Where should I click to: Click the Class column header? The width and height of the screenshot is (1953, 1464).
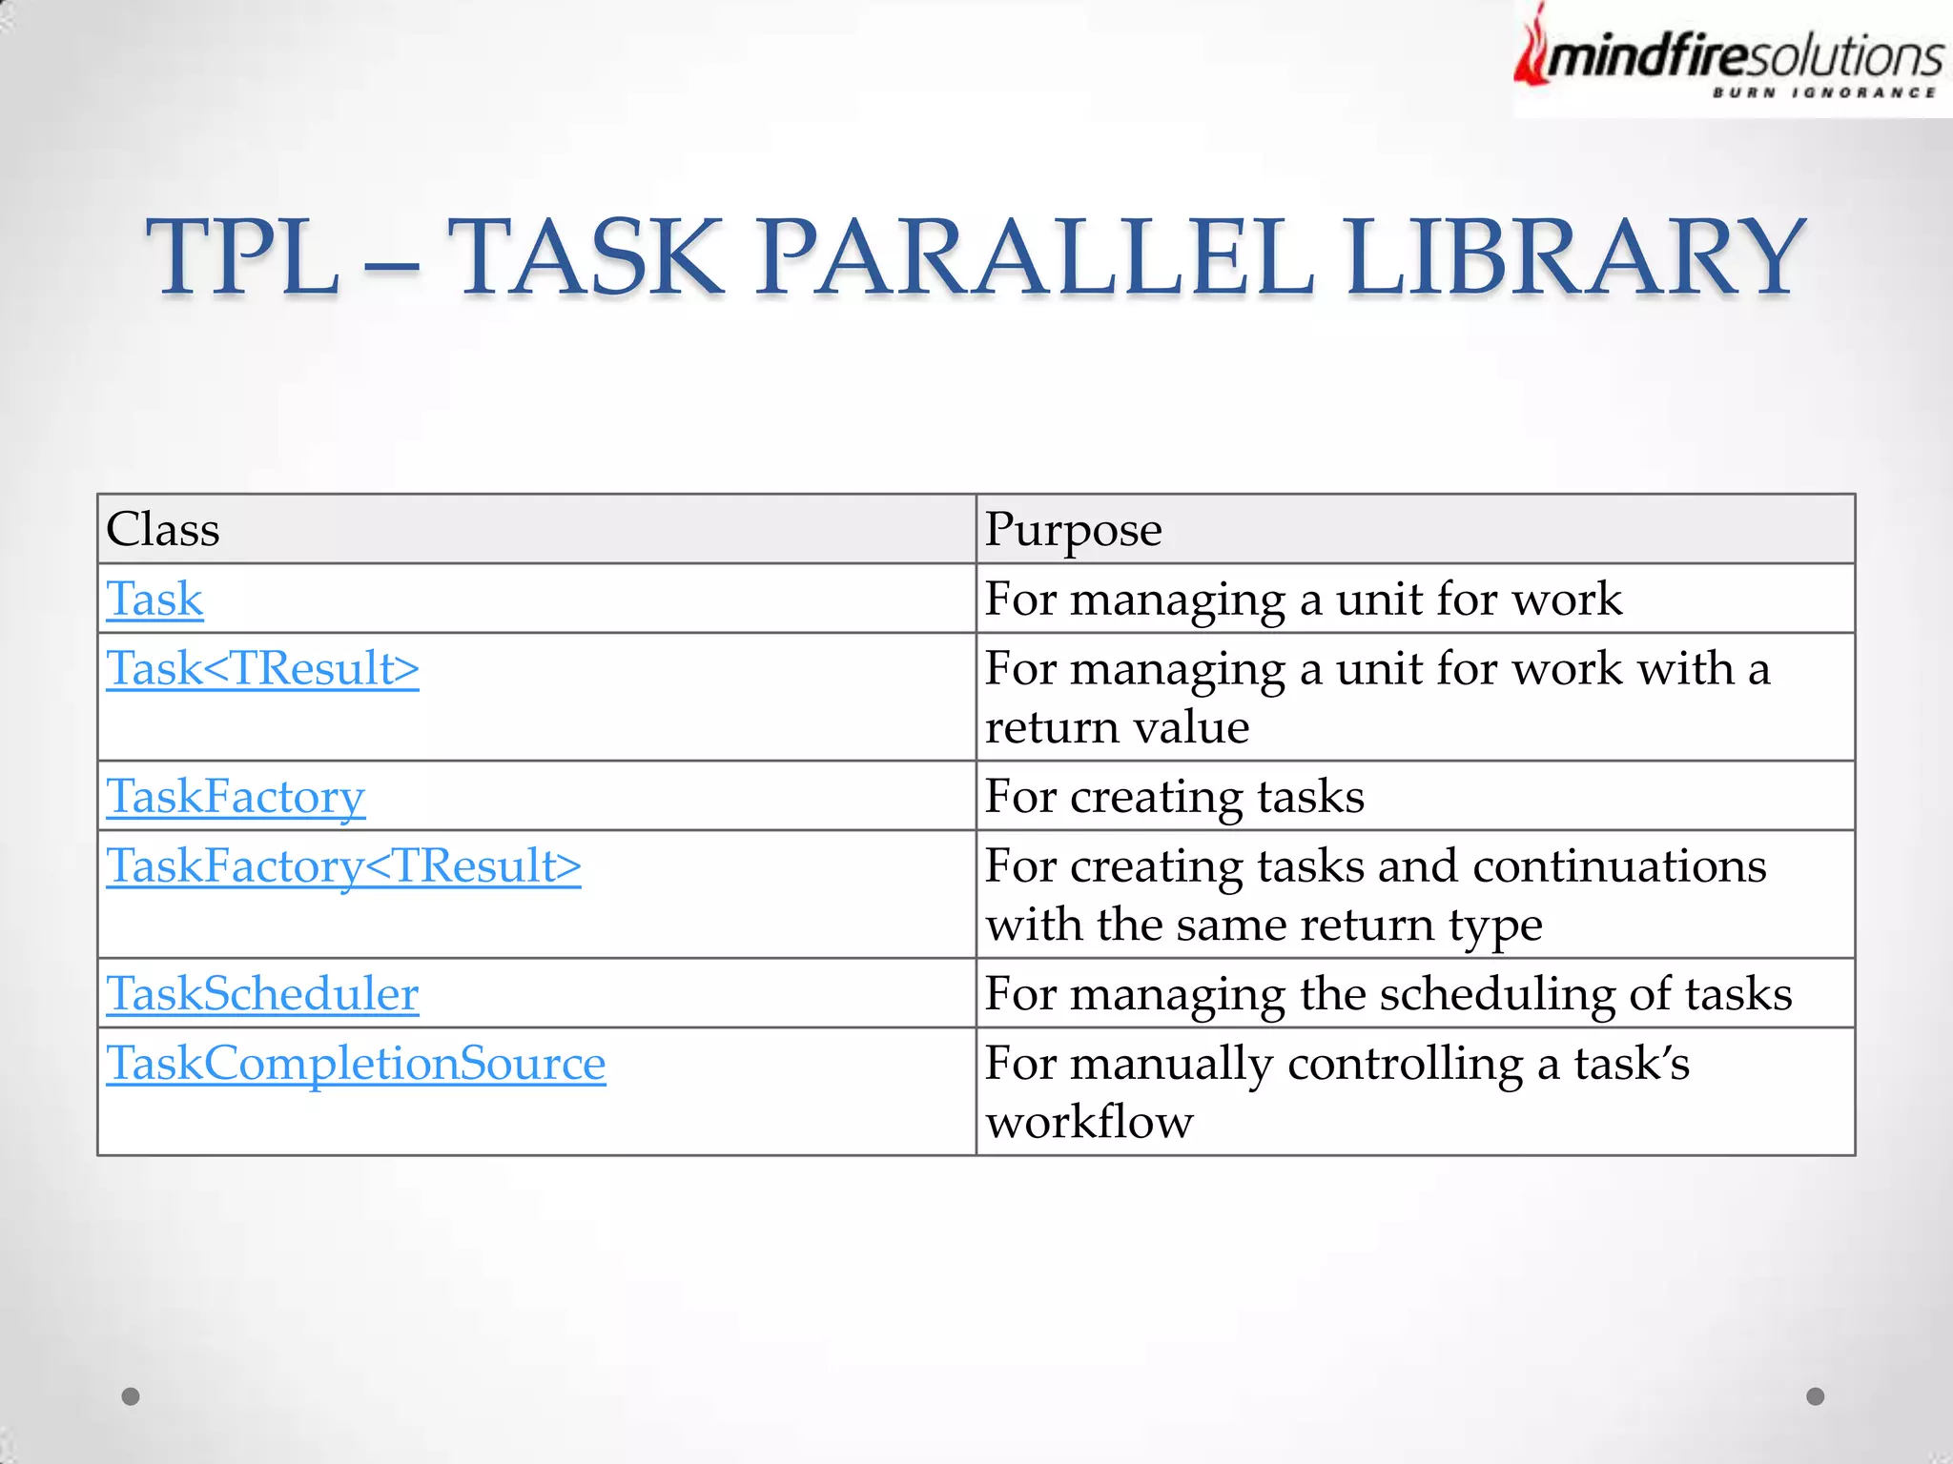click(x=163, y=530)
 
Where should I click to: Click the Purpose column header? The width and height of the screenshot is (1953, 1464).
click(x=1073, y=530)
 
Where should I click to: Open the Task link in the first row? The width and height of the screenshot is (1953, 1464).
click(x=154, y=600)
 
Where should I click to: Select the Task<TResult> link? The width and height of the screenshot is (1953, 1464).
click(x=262, y=669)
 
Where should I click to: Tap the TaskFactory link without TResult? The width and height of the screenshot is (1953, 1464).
click(x=236, y=797)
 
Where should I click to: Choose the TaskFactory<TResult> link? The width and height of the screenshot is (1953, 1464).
click(x=343, y=866)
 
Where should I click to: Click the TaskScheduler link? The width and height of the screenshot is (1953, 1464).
click(x=262, y=994)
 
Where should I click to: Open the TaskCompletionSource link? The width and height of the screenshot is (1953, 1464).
click(x=356, y=1064)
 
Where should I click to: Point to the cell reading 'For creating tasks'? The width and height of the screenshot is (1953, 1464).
click(x=1174, y=797)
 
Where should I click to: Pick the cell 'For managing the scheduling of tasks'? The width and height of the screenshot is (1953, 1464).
click(x=1388, y=994)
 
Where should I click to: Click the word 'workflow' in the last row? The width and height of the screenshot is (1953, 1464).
click(x=1089, y=1122)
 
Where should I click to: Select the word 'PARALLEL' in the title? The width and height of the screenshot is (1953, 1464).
click(x=1035, y=257)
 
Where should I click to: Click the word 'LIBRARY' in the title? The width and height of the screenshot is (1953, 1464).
click(x=1574, y=257)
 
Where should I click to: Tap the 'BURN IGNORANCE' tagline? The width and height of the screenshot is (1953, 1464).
click(x=1823, y=92)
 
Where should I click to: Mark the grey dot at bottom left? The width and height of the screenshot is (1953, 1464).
click(x=131, y=1396)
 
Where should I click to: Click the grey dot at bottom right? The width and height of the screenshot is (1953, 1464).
click(x=1816, y=1396)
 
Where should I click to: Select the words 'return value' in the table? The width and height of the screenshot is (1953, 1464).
click(x=1117, y=728)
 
